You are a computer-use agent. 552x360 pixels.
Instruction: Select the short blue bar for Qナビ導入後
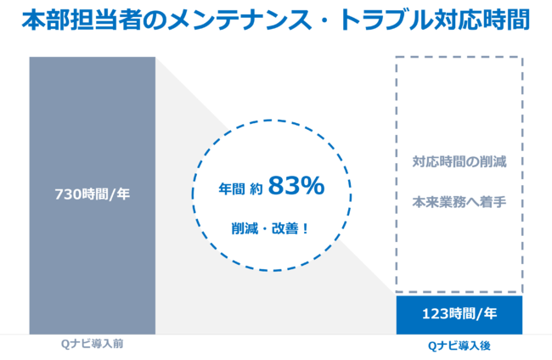pos(459,314)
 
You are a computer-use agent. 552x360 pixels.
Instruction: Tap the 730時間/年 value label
pos(93,193)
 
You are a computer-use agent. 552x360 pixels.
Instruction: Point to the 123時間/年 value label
pos(459,314)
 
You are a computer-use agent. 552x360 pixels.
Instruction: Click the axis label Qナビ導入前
pos(93,344)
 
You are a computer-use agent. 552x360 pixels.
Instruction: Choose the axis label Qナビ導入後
pos(459,346)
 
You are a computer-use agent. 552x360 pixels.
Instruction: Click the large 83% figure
pos(296,187)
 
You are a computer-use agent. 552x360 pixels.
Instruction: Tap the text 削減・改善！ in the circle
pos(269,228)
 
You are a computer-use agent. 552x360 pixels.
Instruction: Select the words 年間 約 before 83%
pos(240,189)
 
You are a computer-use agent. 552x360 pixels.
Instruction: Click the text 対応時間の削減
pos(459,161)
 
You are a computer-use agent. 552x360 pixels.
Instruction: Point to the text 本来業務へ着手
pos(459,204)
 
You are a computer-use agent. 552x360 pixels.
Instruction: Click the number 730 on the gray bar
pos(68,193)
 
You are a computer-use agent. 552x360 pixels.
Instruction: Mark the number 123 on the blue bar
pos(435,314)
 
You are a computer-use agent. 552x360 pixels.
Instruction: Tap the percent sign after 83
pos(313,187)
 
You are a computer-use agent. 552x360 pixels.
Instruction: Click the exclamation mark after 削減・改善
pos(305,228)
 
